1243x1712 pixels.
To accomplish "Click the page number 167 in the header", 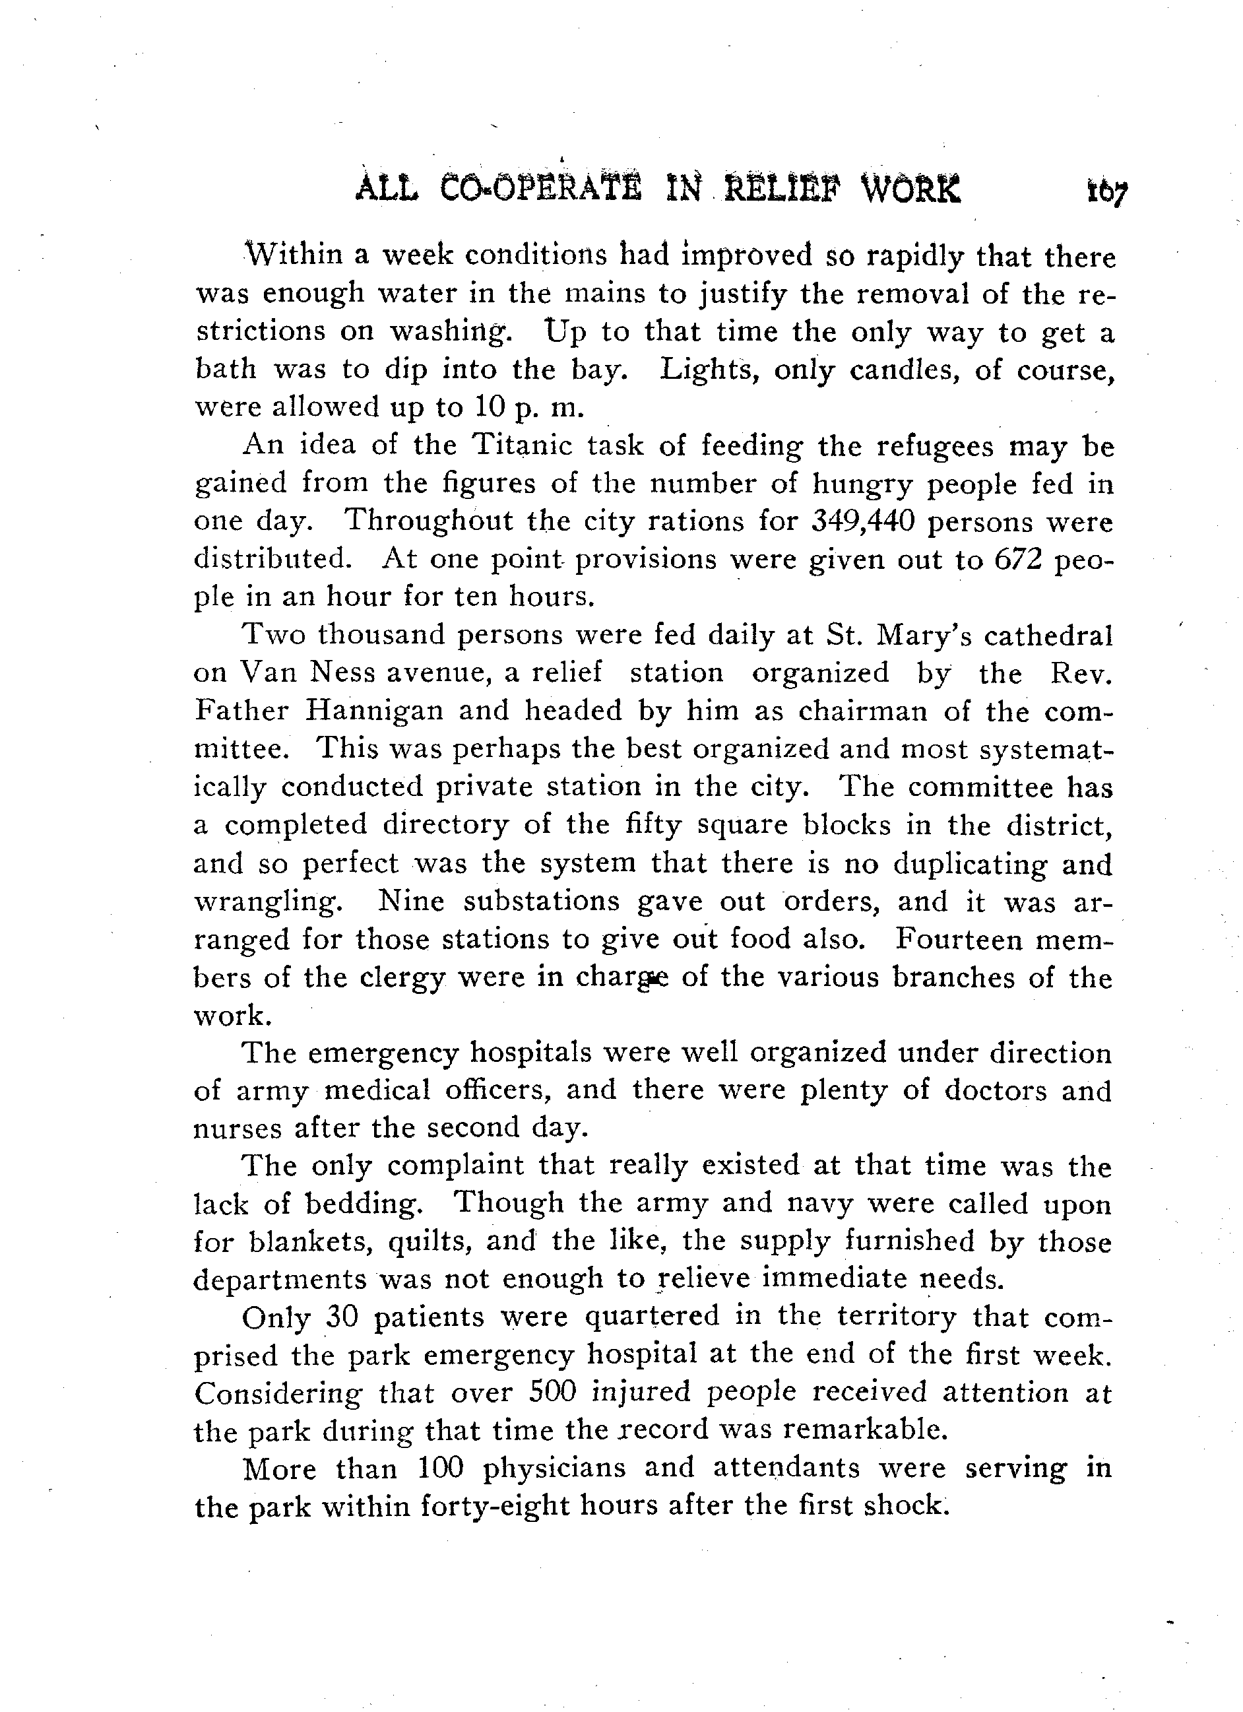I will [x=1106, y=194].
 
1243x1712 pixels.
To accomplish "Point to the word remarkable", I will [x=862, y=1430].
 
